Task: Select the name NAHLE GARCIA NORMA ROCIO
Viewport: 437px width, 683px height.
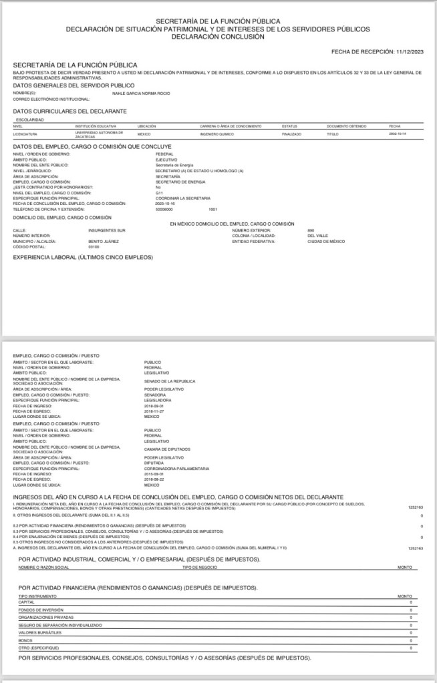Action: click(x=140, y=93)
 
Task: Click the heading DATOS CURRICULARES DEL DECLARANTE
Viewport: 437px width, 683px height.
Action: click(x=70, y=111)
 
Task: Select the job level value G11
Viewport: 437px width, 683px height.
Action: click(x=159, y=193)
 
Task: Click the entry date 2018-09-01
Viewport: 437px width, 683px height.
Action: click(x=154, y=405)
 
